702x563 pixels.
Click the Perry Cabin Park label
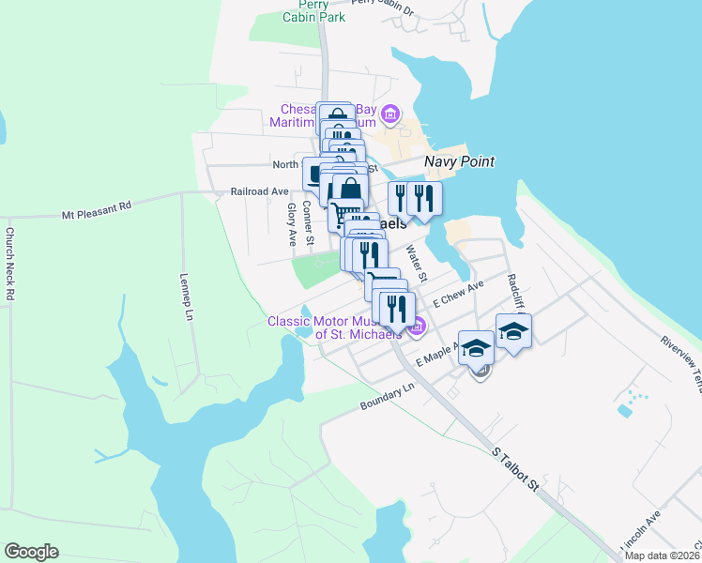click(x=315, y=10)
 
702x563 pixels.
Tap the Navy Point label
click(x=459, y=161)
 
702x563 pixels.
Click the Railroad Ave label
click(x=260, y=191)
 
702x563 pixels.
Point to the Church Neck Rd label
click(x=10, y=264)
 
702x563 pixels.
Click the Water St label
click(x=417, y=264)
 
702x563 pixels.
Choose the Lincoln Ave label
click(x=642, y=531)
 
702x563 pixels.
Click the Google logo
click(x=31, y=552)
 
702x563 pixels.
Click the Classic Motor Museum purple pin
click(x=419, y=327)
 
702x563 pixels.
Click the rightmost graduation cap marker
click(x=513, y=332)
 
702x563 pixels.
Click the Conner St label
click(x=308, y=232)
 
